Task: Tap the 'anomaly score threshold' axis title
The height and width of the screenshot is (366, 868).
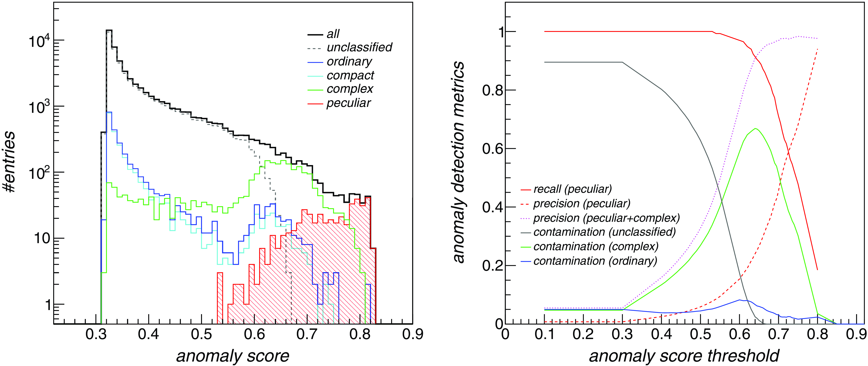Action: (x=684, y=356)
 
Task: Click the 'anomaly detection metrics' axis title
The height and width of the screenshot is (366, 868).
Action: (x=459, y=162)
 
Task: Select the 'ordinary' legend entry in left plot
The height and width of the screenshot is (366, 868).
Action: (x=349, y=62)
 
